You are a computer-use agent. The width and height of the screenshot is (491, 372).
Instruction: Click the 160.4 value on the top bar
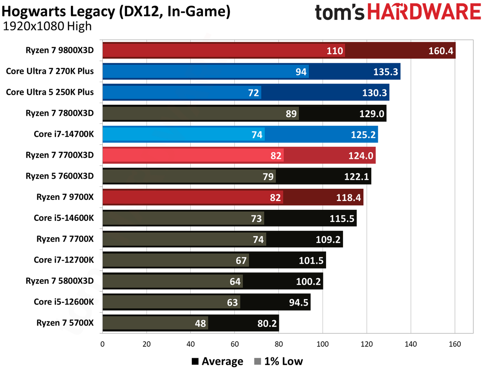[441, 51]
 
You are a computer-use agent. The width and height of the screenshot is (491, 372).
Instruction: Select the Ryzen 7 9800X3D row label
[59, 50]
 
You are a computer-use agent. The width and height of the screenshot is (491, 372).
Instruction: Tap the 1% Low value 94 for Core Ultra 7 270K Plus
[301, 72]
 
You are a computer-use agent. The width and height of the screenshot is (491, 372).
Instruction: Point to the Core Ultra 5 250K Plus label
[49, 92]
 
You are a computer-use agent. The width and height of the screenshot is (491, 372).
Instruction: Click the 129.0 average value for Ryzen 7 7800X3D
[372, 114]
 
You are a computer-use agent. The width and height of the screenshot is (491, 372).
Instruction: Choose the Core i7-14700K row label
[64, 134]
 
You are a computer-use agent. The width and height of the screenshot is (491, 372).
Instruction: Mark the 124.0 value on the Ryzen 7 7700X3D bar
[361, 156]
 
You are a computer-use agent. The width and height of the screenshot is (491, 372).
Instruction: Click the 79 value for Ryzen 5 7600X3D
[268, 177]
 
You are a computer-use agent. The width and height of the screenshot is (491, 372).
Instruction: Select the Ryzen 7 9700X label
[65, 197]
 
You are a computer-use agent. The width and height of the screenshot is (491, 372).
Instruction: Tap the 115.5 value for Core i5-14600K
[342, 219]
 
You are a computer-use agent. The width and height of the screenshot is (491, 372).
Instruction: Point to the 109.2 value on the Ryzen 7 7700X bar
[328, 239]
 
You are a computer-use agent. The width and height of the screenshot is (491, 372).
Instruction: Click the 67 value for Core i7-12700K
[241, 260]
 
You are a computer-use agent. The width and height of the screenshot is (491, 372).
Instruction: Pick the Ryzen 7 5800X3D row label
[59, 281]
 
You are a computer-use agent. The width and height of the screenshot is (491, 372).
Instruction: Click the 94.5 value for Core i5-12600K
[298, 303]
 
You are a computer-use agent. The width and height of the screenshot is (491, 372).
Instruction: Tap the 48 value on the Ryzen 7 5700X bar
[200, 323]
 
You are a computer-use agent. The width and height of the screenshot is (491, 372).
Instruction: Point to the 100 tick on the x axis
[323, 344]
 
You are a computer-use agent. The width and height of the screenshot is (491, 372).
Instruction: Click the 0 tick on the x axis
[102, 344]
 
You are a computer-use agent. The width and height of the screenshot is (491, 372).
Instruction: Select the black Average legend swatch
[195, 362]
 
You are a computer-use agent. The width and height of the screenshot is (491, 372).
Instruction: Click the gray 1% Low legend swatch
[257, 362]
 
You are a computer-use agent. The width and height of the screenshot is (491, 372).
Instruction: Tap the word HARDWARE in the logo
[424, 12]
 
